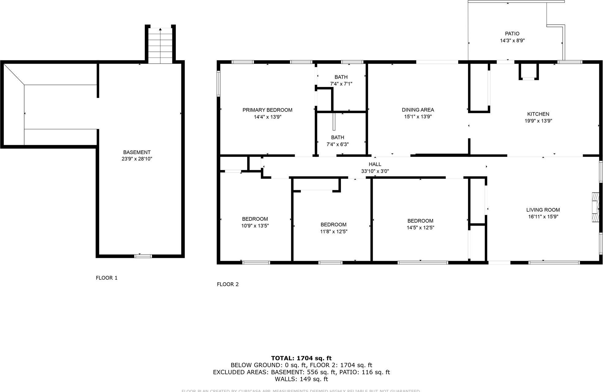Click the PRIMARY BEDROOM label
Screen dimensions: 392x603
tap(267, 110)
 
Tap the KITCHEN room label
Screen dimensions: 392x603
tap(538, 114)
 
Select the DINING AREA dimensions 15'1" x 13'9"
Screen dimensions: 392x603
tap(418, 117)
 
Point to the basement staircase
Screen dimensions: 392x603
tap(160, 45)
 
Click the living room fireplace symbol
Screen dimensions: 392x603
tap(595, 207)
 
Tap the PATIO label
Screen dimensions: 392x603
tap(512, 34)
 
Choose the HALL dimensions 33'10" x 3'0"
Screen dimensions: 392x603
tap(375, 171)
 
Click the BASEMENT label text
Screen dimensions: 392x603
tap(137, 152)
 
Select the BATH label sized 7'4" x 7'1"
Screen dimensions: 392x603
tap(341, 77)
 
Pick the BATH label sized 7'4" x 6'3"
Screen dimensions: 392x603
tap(337, 138)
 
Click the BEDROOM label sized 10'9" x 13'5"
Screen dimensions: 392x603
tap(255, 219)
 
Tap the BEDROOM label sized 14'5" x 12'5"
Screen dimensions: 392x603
tap(420, 221)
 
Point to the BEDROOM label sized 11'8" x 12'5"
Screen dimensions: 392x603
tap(334, 224)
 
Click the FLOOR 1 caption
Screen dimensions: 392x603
tap(107, 278)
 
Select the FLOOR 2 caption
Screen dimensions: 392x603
tap(228, 284)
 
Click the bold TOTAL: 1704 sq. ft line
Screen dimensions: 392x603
tap(301, 358)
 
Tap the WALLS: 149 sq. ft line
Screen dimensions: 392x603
tap(301, 379)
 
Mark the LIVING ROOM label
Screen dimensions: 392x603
tap(543, 210)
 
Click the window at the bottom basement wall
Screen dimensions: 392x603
tap(143, 256)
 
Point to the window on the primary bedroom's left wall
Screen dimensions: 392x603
tap(218, 84)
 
